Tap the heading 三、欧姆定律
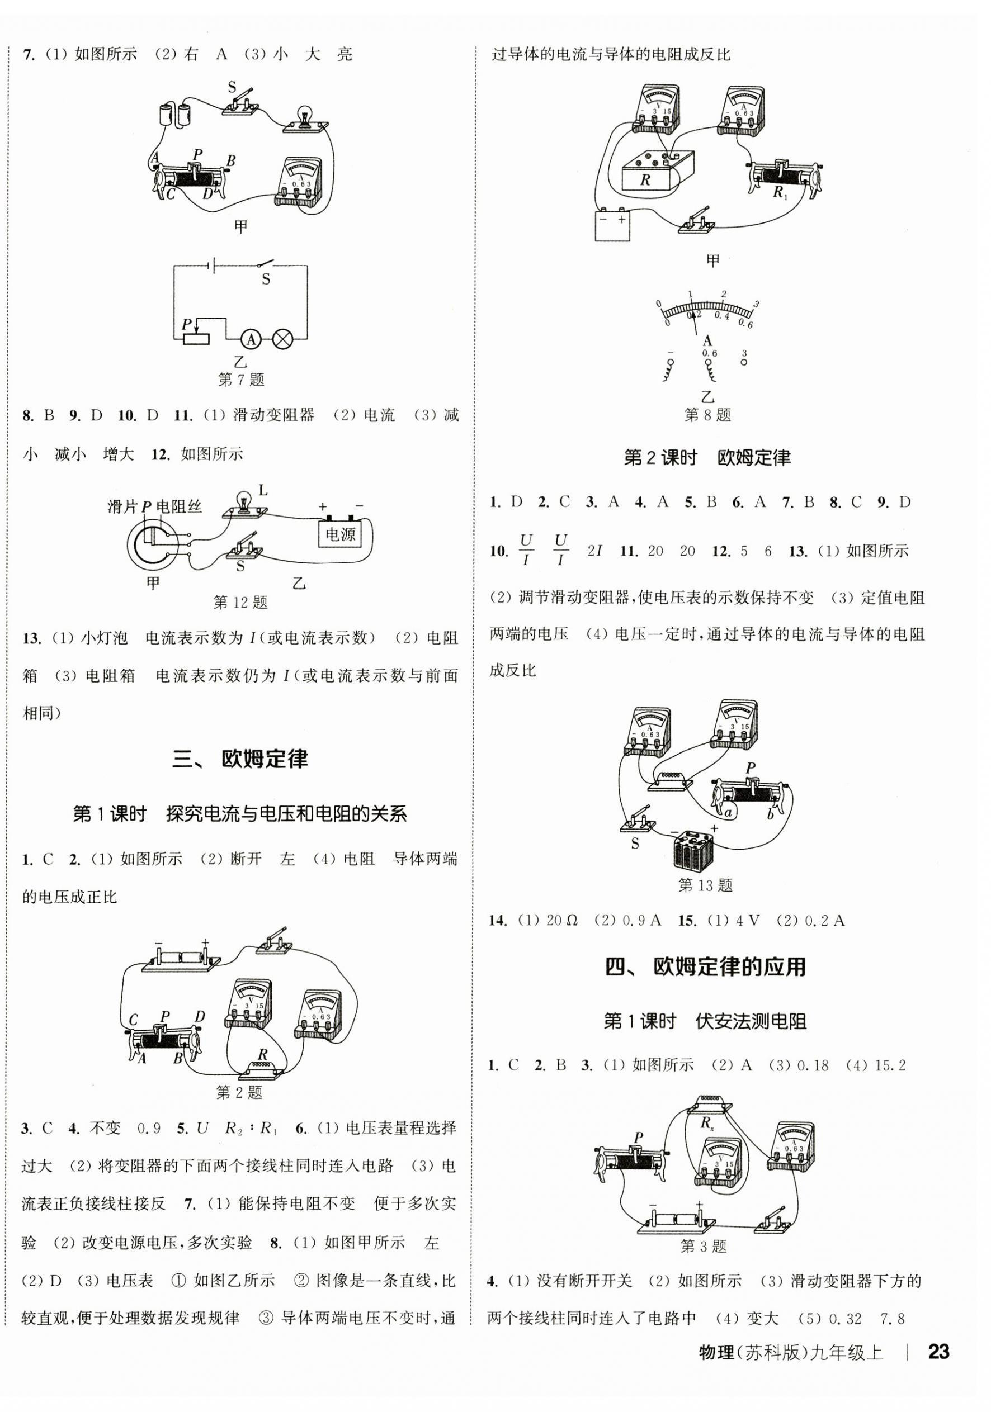[x=240, y=759]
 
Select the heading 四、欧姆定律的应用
[x=706, y=966]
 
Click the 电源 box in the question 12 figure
[x=340, y=534]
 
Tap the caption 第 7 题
[x=240, y=380]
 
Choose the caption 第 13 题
[x=705, y=885]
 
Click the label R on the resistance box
[x=645, y=179]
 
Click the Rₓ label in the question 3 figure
[x=707, y=1123]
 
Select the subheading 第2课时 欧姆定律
[x=707, y=458]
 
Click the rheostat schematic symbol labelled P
[x=196, y=338]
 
